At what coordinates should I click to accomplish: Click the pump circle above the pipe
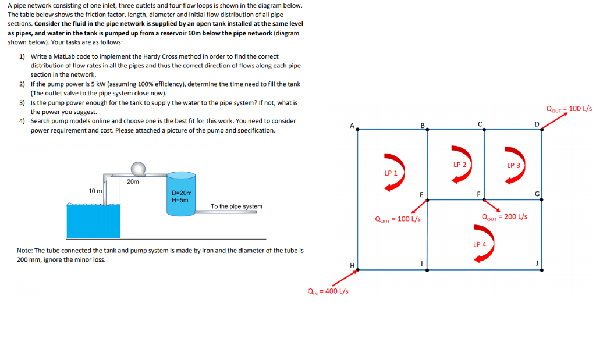(138, 169)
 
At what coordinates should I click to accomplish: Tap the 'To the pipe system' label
(236, 206)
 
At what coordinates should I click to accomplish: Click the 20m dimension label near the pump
(133, 182)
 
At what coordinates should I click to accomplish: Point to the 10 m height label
(95, 191)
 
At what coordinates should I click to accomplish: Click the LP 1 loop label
(391, 173)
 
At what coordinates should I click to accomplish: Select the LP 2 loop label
(459, 165)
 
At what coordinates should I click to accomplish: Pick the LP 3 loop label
(513, 166)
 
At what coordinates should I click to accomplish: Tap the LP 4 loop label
(479, 244)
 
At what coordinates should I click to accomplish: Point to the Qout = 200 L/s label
(505, 217)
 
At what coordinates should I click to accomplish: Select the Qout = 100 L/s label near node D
(569, 108)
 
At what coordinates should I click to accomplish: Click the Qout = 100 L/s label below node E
(398, 219)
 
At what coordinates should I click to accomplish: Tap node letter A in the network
(351, 126)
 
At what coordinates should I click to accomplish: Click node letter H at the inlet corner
(352, 265)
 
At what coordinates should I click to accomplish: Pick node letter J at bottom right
(537, 263)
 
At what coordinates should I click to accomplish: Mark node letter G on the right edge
(538, 194)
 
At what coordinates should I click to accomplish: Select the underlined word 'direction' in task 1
(217, 66)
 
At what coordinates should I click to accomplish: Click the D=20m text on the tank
(182, 193)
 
